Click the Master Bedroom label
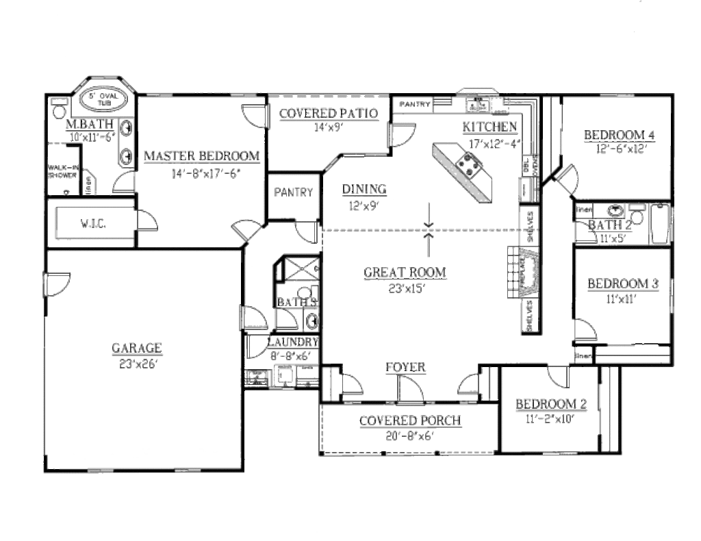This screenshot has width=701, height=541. click(201, 156)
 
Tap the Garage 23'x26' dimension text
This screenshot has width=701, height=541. click(136, 364)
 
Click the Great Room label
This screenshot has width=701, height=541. click(405, 273)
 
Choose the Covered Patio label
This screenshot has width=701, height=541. click(328, 114)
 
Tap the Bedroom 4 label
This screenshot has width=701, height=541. click(619, 135)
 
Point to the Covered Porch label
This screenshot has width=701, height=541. click(409, 420)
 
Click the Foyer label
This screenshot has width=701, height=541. click(405, 367)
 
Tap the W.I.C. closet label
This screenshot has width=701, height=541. click(91, 223)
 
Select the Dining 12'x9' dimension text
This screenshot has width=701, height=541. click(363, 204)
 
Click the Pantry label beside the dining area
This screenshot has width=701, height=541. click(293, 192)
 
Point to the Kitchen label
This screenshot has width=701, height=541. click(489, 127)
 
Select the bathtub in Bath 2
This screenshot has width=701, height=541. click(659, 224)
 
